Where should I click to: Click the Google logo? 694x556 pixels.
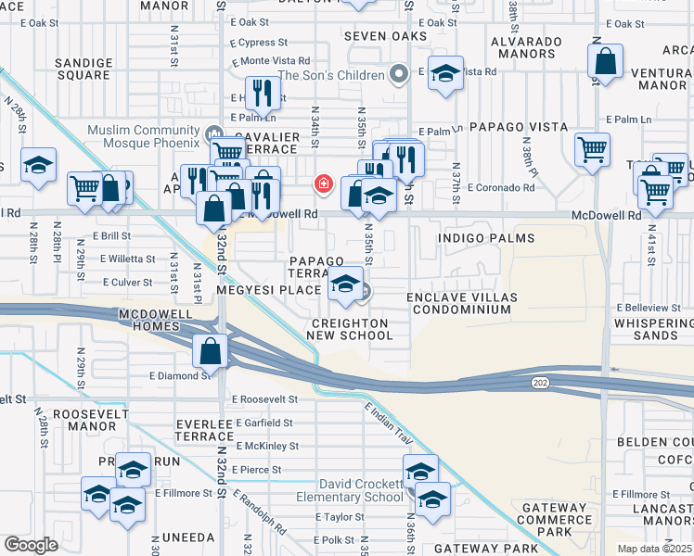[31, 545]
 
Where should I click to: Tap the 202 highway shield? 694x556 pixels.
[539, 382]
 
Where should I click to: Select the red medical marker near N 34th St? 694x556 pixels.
[323, 184]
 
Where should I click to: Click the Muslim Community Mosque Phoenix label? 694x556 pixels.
[143, 135]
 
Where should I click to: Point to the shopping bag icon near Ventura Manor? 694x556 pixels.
[605, 64]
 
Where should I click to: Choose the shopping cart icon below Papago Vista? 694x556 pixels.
[592, 149]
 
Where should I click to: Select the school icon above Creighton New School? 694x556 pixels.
[345, 284]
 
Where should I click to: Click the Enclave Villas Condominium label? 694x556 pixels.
[461, 303]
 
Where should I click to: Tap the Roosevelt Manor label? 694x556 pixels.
[90, 423]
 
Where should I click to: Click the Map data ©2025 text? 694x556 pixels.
[654, 549]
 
